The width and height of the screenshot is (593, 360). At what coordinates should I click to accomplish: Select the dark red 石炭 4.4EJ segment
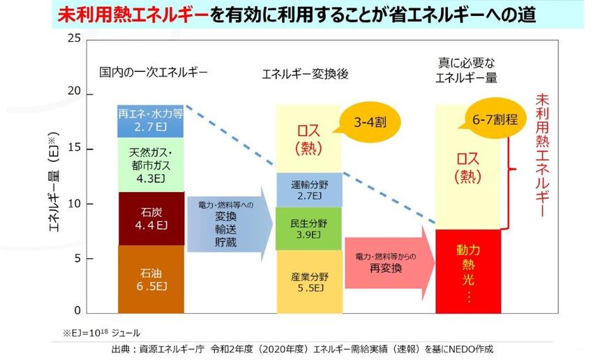tap(151, 218)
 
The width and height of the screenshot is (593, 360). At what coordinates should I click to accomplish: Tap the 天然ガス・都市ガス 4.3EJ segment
tap(151, 165)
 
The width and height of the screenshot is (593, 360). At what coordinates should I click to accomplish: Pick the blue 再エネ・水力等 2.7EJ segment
tap(151, 120)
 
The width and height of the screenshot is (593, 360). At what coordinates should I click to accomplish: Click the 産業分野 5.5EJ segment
tap(308, 281)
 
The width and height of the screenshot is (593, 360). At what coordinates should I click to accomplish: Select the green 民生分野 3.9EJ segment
tap(308, 229)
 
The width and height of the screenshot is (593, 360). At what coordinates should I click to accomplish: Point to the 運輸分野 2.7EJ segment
tap(308, 190)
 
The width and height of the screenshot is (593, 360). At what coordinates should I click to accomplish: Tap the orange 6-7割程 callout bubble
tap(495, 120)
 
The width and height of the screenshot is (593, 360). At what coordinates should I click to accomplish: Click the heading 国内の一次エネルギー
tap(153, 72)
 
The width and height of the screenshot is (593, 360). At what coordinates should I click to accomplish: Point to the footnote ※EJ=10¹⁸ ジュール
tap(96, 333)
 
